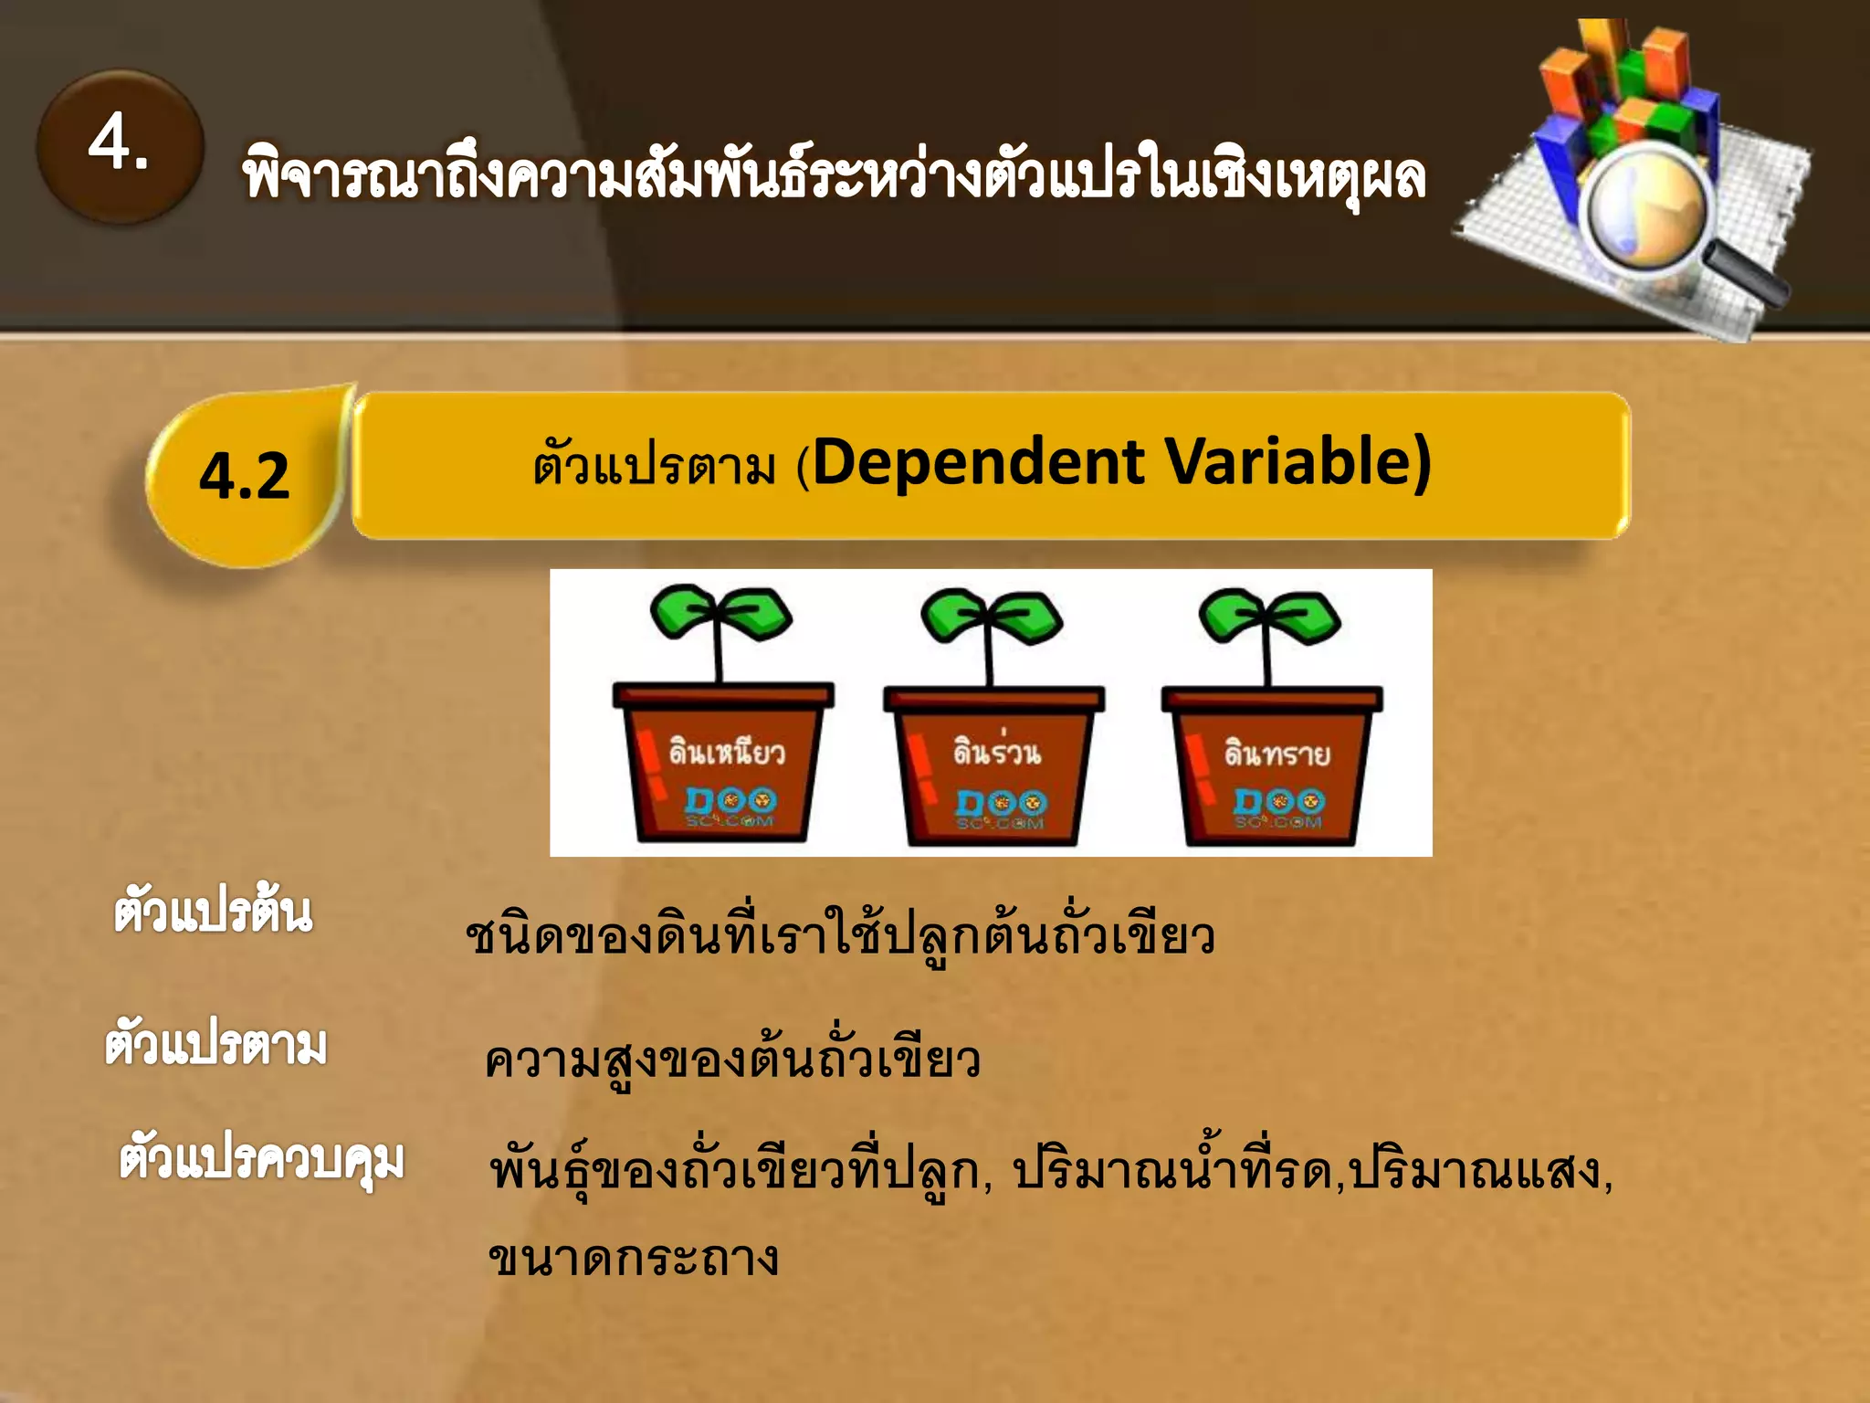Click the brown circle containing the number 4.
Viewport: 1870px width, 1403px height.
[120, 146]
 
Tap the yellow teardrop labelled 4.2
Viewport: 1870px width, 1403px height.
[245, 476]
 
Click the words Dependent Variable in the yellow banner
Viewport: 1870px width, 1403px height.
[1120, 462]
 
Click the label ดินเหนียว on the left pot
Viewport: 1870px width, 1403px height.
[726, 751]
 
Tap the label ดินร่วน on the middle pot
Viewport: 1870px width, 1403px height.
[996, 751]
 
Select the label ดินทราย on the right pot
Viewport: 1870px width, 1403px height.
[1276, 753]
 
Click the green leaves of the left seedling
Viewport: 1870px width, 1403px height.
[720, 612]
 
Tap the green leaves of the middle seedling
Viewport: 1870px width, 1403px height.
[992, 615]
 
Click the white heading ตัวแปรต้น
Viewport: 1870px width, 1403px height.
[213, 912]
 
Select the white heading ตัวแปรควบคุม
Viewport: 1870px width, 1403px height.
[262, 1160]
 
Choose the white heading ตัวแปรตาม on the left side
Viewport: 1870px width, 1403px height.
[215, 1045]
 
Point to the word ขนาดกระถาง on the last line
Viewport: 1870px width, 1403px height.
[634, 1259]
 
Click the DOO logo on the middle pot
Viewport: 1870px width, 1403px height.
[1002, 803]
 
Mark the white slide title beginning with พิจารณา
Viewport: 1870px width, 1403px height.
[833, 175]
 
